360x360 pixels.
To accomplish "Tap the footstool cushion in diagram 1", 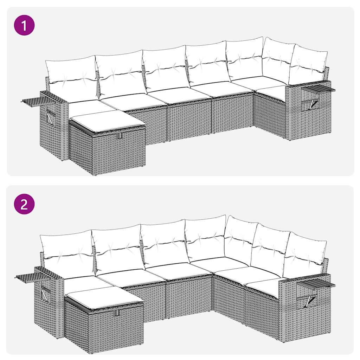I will (107, 120).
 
